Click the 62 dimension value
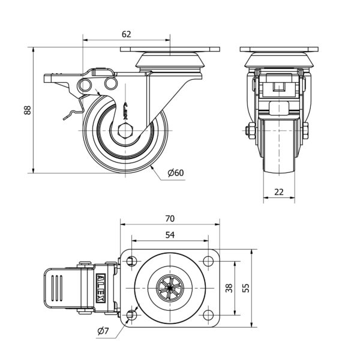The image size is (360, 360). pos(126,34)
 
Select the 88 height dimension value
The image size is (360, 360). pos(26,110)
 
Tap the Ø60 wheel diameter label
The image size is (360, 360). pos(175,173)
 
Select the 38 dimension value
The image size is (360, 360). pos(228,288)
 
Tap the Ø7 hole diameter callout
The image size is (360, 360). pos(101,331)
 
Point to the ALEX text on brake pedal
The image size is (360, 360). pos(100,288)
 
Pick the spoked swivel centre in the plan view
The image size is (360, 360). pos(170,289)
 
